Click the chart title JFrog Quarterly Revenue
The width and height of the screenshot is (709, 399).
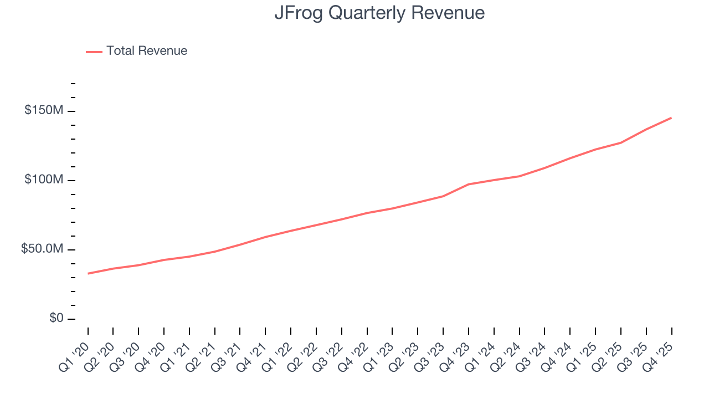(x=379, y=13)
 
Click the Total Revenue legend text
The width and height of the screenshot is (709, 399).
(x=147, y=51)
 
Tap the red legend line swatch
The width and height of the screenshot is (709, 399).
(x=94, y=52)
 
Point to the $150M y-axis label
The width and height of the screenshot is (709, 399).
(x=43, y=111)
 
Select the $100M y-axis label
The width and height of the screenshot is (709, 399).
(x=43, y=180)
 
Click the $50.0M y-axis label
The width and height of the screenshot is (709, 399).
(x=42, y=249)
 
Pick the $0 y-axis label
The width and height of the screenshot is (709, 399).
(x=56, y=318)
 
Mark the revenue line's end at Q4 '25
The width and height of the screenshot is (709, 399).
(x=671, y=117)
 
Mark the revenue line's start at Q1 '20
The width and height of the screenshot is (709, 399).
(x=88, y=273)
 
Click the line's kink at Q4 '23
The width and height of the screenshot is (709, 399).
(x=469, y=184)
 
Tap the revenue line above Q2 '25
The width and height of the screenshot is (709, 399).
(x=621, y=142)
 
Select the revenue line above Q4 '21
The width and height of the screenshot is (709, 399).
(x=266, y=237)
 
